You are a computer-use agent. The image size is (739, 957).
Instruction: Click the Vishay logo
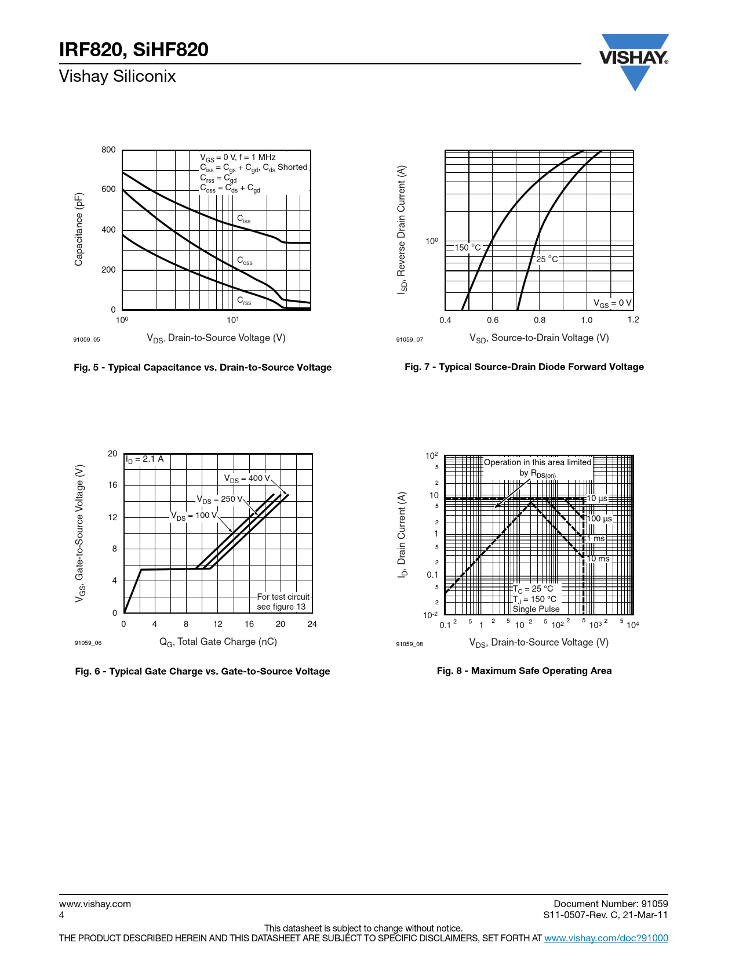[x=634, y=59]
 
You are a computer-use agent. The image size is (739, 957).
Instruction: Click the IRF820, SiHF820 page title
[x=134, y=50]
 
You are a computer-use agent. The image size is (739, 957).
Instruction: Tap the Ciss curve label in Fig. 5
[x=244, y=219]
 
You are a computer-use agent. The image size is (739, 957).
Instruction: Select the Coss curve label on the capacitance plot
[x=245, y=261]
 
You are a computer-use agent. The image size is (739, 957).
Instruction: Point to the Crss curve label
[x=244, y=301]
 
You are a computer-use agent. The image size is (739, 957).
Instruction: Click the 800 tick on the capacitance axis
[x=108, y=150]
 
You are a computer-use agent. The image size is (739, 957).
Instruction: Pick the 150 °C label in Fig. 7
[x=468, y=248]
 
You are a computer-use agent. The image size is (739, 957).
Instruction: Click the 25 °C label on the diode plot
[x=547, y=259]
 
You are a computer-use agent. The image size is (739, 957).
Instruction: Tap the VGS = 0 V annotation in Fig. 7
[x=612, y=303]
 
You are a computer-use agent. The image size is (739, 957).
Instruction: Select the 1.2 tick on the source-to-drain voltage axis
[x=633, y=320]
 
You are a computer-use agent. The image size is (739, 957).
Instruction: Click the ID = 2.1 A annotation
[x=145, y=459]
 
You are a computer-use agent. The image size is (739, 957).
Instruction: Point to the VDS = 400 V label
[x=247, y=478]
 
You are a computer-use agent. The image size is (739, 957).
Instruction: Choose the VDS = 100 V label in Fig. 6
[x=194, y=516]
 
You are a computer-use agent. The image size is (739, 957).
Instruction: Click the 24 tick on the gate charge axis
[x=312, y=624]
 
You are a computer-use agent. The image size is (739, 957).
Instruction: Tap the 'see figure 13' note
[x=281, y=607]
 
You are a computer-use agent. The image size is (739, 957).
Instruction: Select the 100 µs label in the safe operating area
[x=599, y=519]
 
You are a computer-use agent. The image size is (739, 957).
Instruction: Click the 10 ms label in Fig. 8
[x=598, y=559]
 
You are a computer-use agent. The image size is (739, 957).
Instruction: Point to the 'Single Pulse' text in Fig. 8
[x=536, y=609]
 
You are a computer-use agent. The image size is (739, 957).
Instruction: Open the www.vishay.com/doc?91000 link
[x=606, y=938]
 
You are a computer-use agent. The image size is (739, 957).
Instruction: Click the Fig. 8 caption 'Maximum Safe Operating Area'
[x=524, y=670]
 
